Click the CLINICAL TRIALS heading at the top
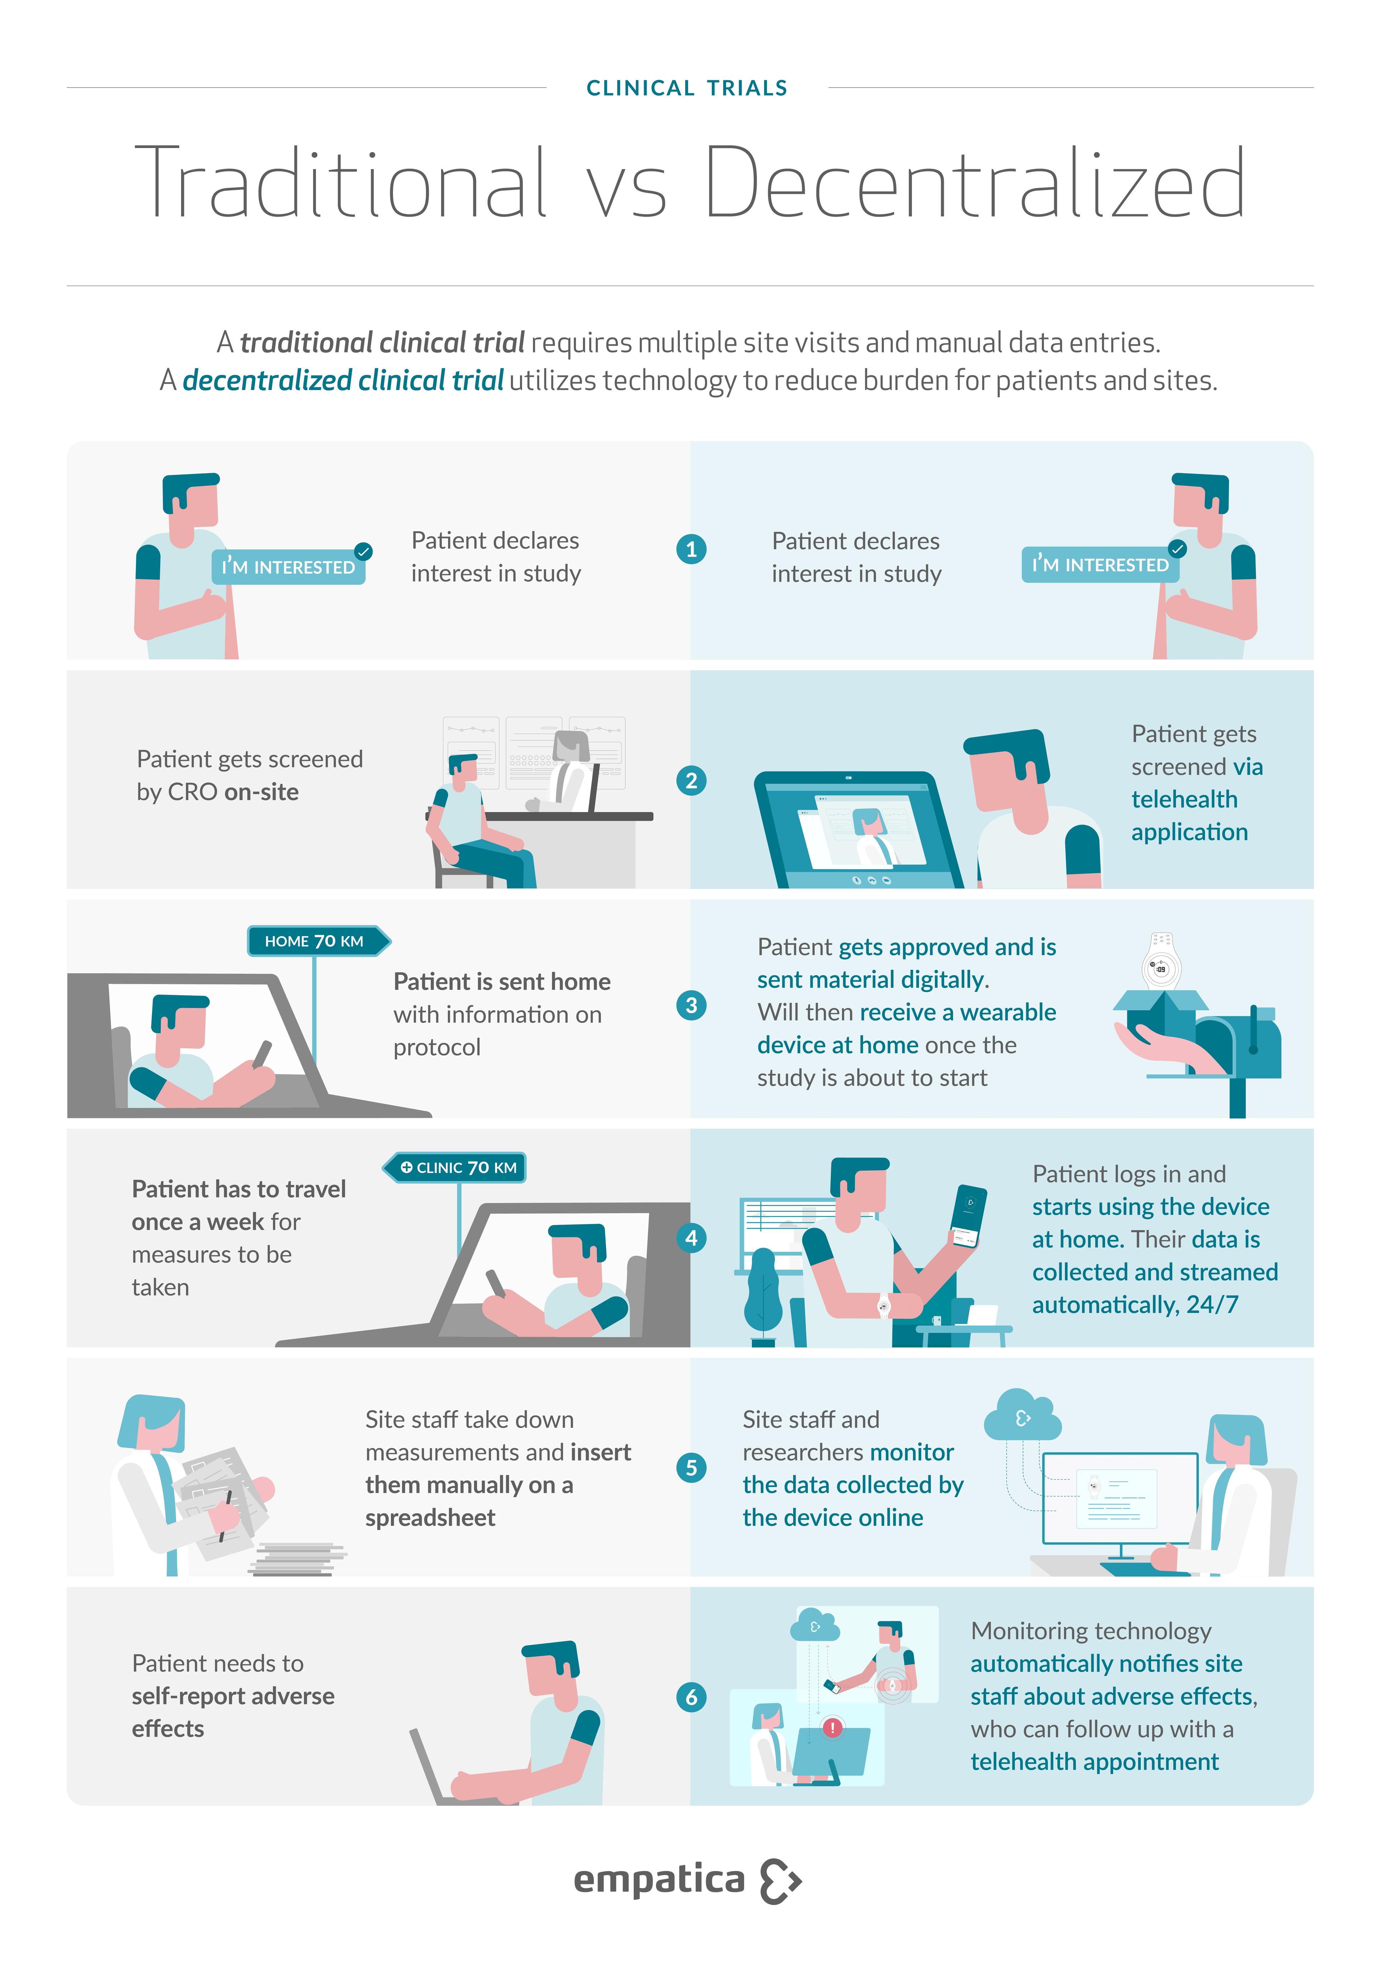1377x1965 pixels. [686, 88]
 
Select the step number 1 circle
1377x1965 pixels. [691, 549]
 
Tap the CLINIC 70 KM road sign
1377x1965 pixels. [454, 1167]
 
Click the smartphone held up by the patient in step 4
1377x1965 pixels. [970, 1215]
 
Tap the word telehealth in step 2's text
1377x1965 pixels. [1184, 799]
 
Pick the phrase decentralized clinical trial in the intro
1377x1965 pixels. [343, 380]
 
